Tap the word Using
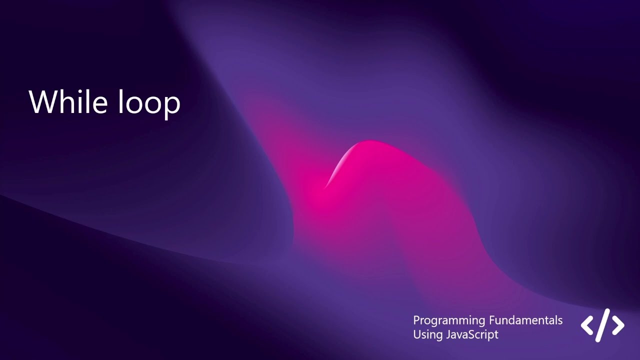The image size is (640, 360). (426, 335)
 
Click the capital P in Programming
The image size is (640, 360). (416, 320)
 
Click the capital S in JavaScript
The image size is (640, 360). (473, 334)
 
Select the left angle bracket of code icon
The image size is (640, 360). (587, 325)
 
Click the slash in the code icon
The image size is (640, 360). (603, 325)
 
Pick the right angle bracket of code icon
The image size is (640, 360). (618, 325)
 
